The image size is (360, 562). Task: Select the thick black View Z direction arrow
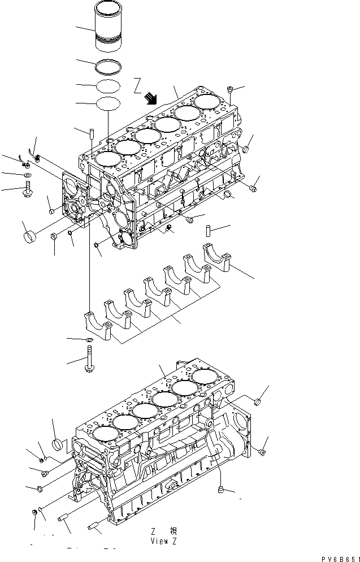click(150, 99)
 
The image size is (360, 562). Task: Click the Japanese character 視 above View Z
click(174, 531)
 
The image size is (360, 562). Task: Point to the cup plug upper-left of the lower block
click(59, 444)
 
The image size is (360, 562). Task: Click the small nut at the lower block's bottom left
click(35, 512)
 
